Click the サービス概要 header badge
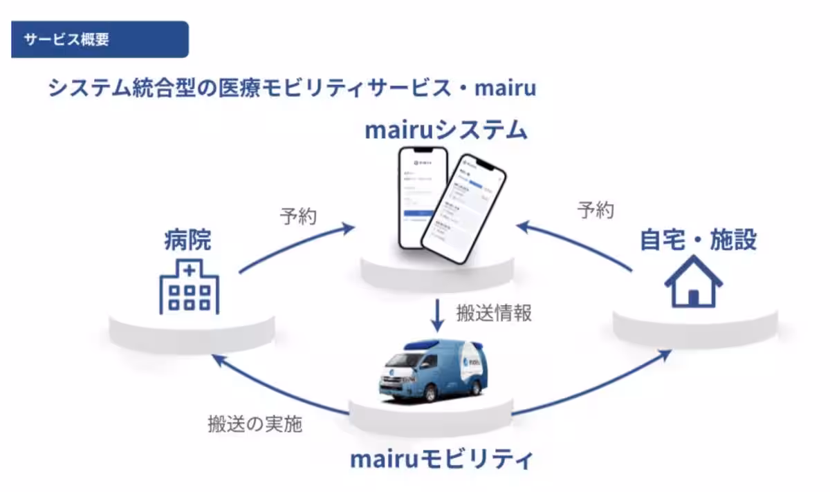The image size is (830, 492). (x=100, y=39)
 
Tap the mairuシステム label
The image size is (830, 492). (x=446, y=130)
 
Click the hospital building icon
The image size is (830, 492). (x=189, y=287)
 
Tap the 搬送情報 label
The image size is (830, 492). (x=494, y=312)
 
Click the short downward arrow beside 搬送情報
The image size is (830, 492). (x=437, y=314)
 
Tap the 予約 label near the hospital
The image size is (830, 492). (x=298, y=216)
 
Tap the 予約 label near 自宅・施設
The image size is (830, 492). (x=596, y=210)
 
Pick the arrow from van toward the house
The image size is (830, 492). (x=595, y=387)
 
